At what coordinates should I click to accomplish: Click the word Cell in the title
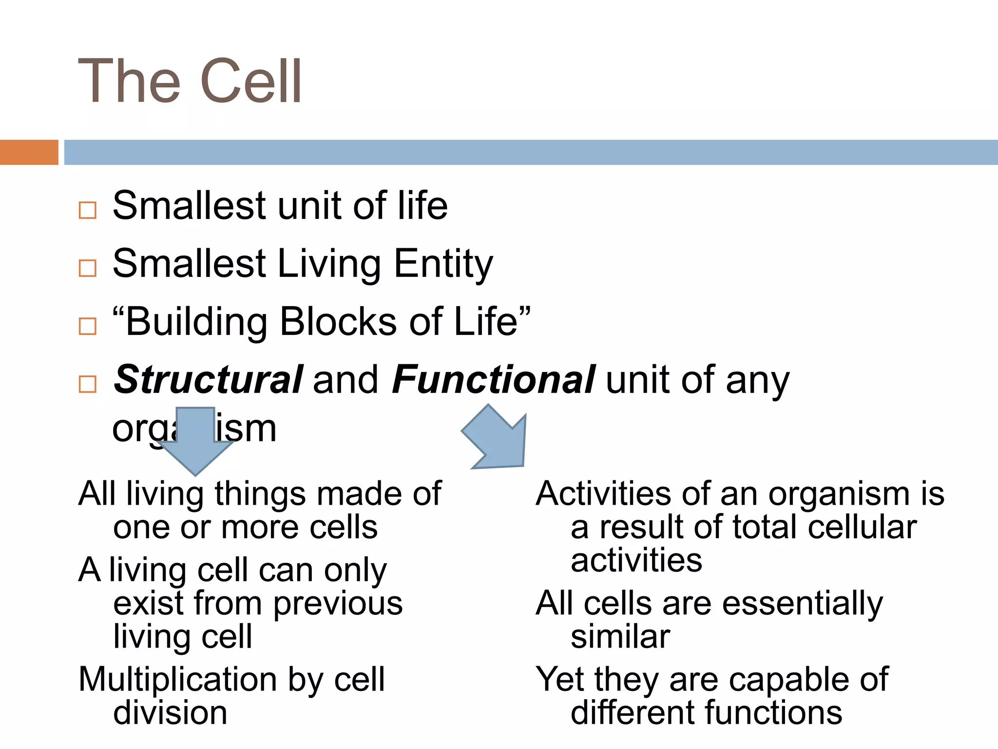pos(251,81)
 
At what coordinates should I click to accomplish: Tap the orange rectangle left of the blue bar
pos(29,152)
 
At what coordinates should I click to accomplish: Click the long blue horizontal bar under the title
pos(530,152)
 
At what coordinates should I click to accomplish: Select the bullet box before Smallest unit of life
pos(87,210)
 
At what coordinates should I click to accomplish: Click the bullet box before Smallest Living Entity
pos(87,268)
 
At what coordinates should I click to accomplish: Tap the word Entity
pos(443,264)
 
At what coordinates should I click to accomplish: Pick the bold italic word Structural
pos(209,379)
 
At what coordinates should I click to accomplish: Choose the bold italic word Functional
pos(493,379)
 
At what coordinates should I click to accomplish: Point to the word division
pos(170,713)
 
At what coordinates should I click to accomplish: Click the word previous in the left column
pos(338,604)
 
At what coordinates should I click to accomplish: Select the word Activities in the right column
pos(603,494)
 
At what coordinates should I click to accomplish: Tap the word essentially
pos(802,604)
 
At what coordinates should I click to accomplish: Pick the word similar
pos(620,637)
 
